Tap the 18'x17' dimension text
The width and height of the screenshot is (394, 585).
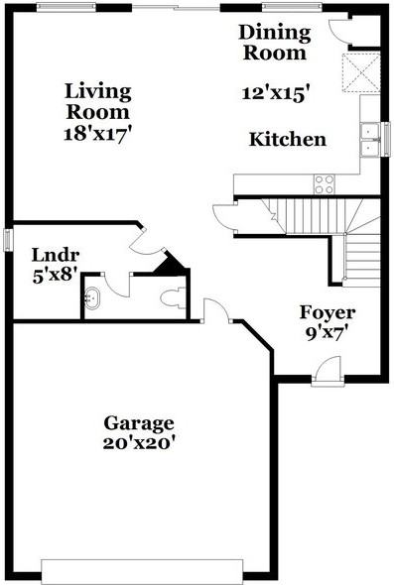pyautogui.click(x=98, y=129)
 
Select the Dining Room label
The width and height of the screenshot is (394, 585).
pyautogui.click(x=275, y=42)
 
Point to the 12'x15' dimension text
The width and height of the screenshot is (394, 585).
pyautogui.click(x=277, y=94)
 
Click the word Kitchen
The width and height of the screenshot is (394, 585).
pyautogui.click(x=288, y=140)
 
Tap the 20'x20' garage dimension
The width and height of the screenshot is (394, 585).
pyautogui.click(x=140, y=444)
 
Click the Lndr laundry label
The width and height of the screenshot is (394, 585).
pyautogui.click(x=50, y=253)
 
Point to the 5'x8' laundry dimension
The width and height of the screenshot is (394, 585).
pyautogui.click(x=51, y=274)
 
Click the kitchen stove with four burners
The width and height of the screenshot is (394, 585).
pyautogui.click(x=324, y=183)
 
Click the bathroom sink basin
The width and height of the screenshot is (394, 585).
pyautogui.click(x=94, y=297)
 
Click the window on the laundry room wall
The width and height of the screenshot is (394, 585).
pyautogui.click(x=8, y=240)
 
